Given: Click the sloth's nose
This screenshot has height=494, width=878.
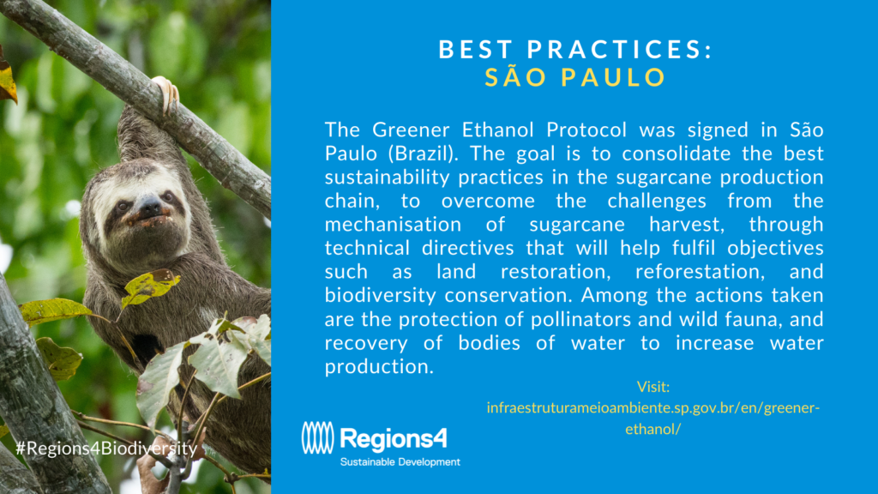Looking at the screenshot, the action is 149,206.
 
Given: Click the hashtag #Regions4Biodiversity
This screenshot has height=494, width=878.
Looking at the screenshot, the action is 106,449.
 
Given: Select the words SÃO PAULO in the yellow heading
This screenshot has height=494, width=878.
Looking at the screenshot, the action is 575,77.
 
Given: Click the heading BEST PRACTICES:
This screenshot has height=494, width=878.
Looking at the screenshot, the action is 575,49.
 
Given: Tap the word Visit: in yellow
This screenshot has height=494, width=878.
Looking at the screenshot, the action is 652,387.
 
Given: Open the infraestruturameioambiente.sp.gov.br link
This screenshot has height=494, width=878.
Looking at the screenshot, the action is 652,418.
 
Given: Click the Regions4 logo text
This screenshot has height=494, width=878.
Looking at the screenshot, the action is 394,438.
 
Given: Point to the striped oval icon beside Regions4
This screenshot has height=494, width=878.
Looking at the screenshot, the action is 317,437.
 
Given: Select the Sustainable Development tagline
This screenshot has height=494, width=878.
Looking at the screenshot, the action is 400,462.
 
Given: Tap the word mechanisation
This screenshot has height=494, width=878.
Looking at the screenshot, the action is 393,224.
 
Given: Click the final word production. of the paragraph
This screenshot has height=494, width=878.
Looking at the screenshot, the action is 379,367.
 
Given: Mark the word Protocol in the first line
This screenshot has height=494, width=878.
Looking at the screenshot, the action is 586,130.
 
